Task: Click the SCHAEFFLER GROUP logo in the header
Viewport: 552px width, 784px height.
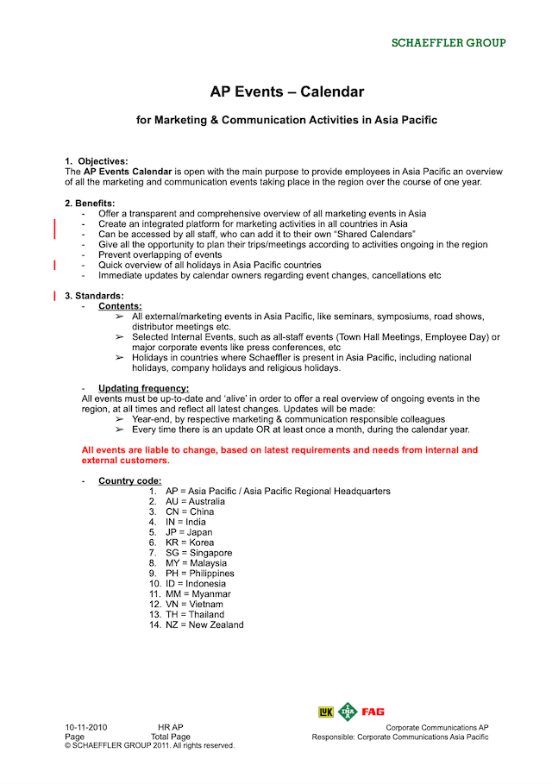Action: pyautogui.click(x=448, y=42)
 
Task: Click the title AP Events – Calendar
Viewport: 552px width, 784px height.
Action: pyautogui.click(x=287, y=91)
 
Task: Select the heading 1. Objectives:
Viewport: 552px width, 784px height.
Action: pyautogui.click(x=97, y=161)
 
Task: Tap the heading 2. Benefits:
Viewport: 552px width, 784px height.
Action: pyautogui.click(x=90, y=203)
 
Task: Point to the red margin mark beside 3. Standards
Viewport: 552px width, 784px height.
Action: pyautogui.click(x=55, y=296)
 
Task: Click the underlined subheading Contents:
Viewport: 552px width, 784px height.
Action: pyautogui.click(x=120, y=306)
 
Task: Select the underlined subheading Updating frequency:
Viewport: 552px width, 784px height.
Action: pyautogui.click(x=143, y=388)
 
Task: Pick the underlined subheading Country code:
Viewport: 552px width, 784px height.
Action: pyautogui.click(x=129, y=480)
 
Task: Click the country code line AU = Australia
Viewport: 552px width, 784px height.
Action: pyautogui.click(x=195, y=501)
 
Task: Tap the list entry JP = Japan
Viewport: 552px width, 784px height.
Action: pyautogui.click(x=188, y=532)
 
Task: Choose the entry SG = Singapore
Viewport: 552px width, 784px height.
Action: pyautogui.click(x=198, y=553)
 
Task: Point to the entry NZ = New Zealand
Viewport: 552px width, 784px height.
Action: pyautogui.click(x=204, y=624)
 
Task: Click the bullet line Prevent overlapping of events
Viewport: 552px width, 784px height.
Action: pyautogui.click(x=160, y=254)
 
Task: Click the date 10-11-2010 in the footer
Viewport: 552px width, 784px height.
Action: pyautogui.click(x=86, y=728)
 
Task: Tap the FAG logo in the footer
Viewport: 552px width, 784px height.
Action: pyautogui.click(x=373, y=712)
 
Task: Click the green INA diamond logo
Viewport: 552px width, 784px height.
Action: pyautogui.click(x=348, y=712)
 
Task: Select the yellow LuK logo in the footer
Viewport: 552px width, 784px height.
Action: pyautogui.click(x=326, y=712)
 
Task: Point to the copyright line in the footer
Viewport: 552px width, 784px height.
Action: pyautogui.click(x=149, y=745)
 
